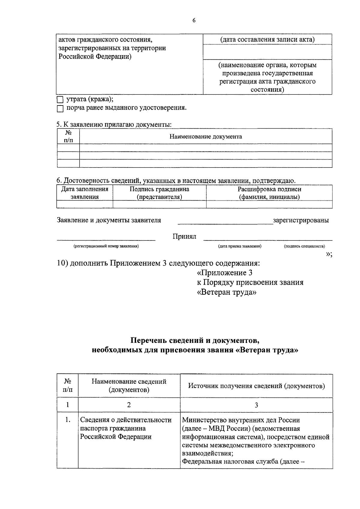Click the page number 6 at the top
[194, 20]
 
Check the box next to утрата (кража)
[60, 100]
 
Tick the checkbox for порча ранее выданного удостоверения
[60, 109]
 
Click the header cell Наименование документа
[205, 137]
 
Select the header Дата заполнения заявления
[85, 193]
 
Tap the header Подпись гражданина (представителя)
[159, 193]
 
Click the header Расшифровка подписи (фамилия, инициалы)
[269, 193]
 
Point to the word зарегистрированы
[301, 220]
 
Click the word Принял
[184, 237]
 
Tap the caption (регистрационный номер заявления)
[106, 246]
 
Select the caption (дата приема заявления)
[240, 246]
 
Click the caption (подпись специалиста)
[304, 246]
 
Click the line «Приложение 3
[224, 273]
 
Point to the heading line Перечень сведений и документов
[195, 341]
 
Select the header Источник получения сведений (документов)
[256, 386]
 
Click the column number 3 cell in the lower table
[256, 405]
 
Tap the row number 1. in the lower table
[67, 420]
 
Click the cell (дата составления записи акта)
[267, 40]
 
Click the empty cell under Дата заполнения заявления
[85, 204]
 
